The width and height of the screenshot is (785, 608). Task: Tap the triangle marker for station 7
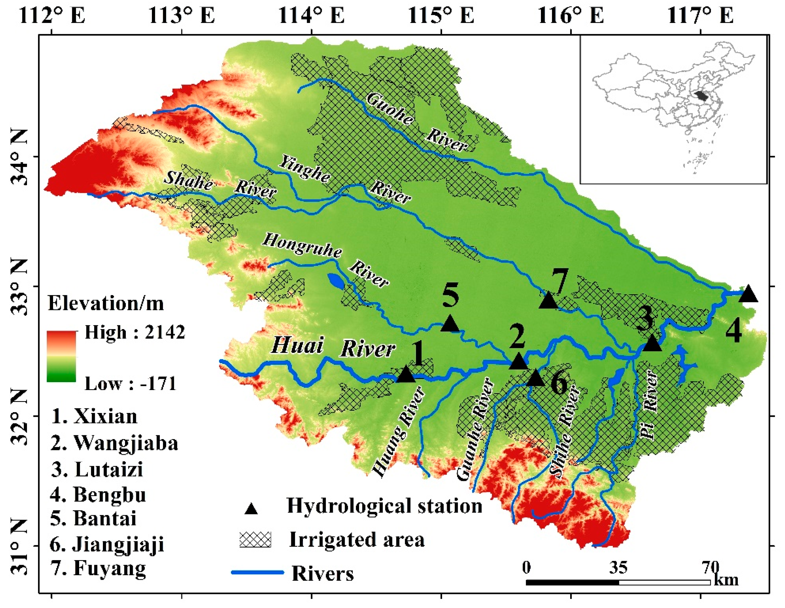(548, 302)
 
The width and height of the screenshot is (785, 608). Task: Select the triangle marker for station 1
(406, 374)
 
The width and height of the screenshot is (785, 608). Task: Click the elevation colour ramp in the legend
(61, 356)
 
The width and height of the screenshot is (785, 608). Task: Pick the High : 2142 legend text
(135, 332)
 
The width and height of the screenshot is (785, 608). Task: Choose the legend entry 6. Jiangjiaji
(107, 544)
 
